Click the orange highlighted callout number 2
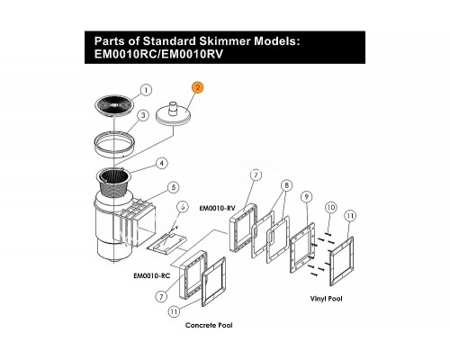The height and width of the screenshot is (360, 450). pyautogui.click(x=198, y=87)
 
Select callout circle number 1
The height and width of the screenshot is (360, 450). pyautogui.click(x=146, y=90)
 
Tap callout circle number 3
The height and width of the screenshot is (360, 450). pyautogui.click(x=143, y=115)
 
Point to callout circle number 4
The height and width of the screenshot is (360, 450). pyautogui.click(x=162, y=163)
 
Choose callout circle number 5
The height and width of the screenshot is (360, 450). pyautogui.click(x=174, y=187)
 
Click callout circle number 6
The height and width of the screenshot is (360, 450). pyautogui.click(x=183, y=207)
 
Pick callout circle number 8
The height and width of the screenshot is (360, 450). pyautogui.click(x=286, y=185)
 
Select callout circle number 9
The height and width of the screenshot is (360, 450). pyautogui.click(x=307, y=197)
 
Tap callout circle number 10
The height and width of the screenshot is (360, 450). pyautogui.click(x=331, y=207)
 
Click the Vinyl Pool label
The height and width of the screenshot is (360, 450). pyautogui.click(x=326, y=299)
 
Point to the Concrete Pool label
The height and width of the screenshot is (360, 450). pyautogui.click(x=209, y=325)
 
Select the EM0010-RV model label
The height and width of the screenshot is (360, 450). pyautogui.click(x=218, y=208)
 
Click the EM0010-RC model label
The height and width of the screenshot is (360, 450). pyautogui.click(x=152, y=275)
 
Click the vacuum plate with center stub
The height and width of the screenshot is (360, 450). pyautogui.click(x=174, y=113)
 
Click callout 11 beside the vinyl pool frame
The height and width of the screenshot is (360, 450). pyautogui.click(x=350, y=216)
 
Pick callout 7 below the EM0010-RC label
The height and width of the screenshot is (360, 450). pyautogui.click(x=161, y=297)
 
